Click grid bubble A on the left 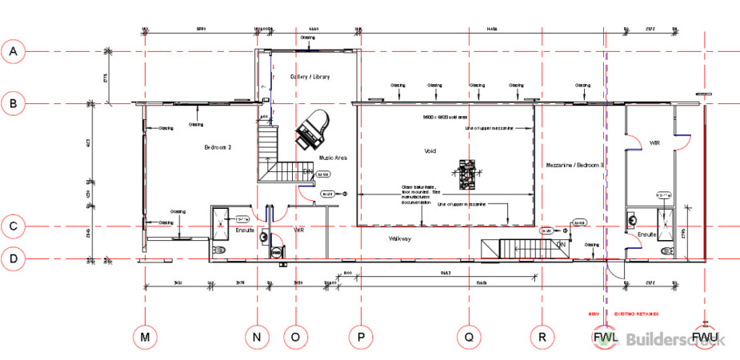point(13,52)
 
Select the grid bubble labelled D point(13,258)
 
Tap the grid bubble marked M point(145,338)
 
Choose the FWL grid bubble point(604,338)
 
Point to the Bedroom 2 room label point(218,147)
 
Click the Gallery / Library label point(310,77)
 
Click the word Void point(430,150)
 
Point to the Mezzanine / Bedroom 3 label point(574,164)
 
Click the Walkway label point(400,238)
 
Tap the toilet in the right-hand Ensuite point(668,250)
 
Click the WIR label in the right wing point(654,143)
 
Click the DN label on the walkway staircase point(561,243)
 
